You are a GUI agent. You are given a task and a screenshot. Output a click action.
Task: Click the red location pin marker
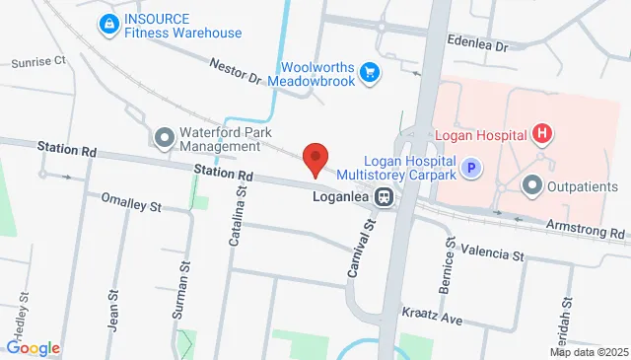point(315,159)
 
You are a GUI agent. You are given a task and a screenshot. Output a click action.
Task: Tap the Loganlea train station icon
point(384,197)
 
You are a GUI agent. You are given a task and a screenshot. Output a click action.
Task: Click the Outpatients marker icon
point(532,184)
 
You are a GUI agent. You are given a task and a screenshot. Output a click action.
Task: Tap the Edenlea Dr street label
point(477,46)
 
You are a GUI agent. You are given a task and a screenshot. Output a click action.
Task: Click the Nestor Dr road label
point(235,74)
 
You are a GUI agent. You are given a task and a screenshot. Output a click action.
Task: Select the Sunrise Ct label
point(38,61)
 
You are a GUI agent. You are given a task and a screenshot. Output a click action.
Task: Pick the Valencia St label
point(492,254)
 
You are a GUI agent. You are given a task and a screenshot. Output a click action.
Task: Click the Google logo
point(33,348)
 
